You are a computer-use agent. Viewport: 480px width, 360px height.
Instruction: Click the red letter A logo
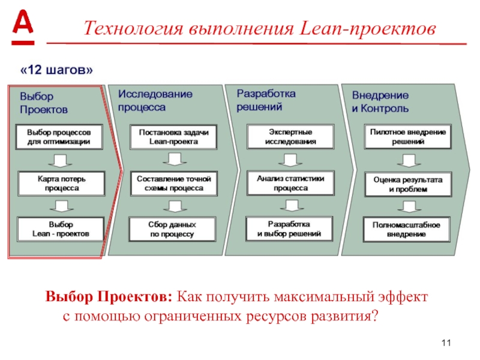coord(23,27)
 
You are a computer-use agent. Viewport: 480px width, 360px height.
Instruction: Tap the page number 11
coord(445,343)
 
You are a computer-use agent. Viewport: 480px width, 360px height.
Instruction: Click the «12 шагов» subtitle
coord(57,70)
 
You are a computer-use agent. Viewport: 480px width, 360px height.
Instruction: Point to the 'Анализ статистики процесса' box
coord(290,182)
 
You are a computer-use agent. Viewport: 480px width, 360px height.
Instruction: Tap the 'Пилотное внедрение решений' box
coord(407,136)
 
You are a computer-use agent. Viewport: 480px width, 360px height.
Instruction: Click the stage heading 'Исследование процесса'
coord(155,100)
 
